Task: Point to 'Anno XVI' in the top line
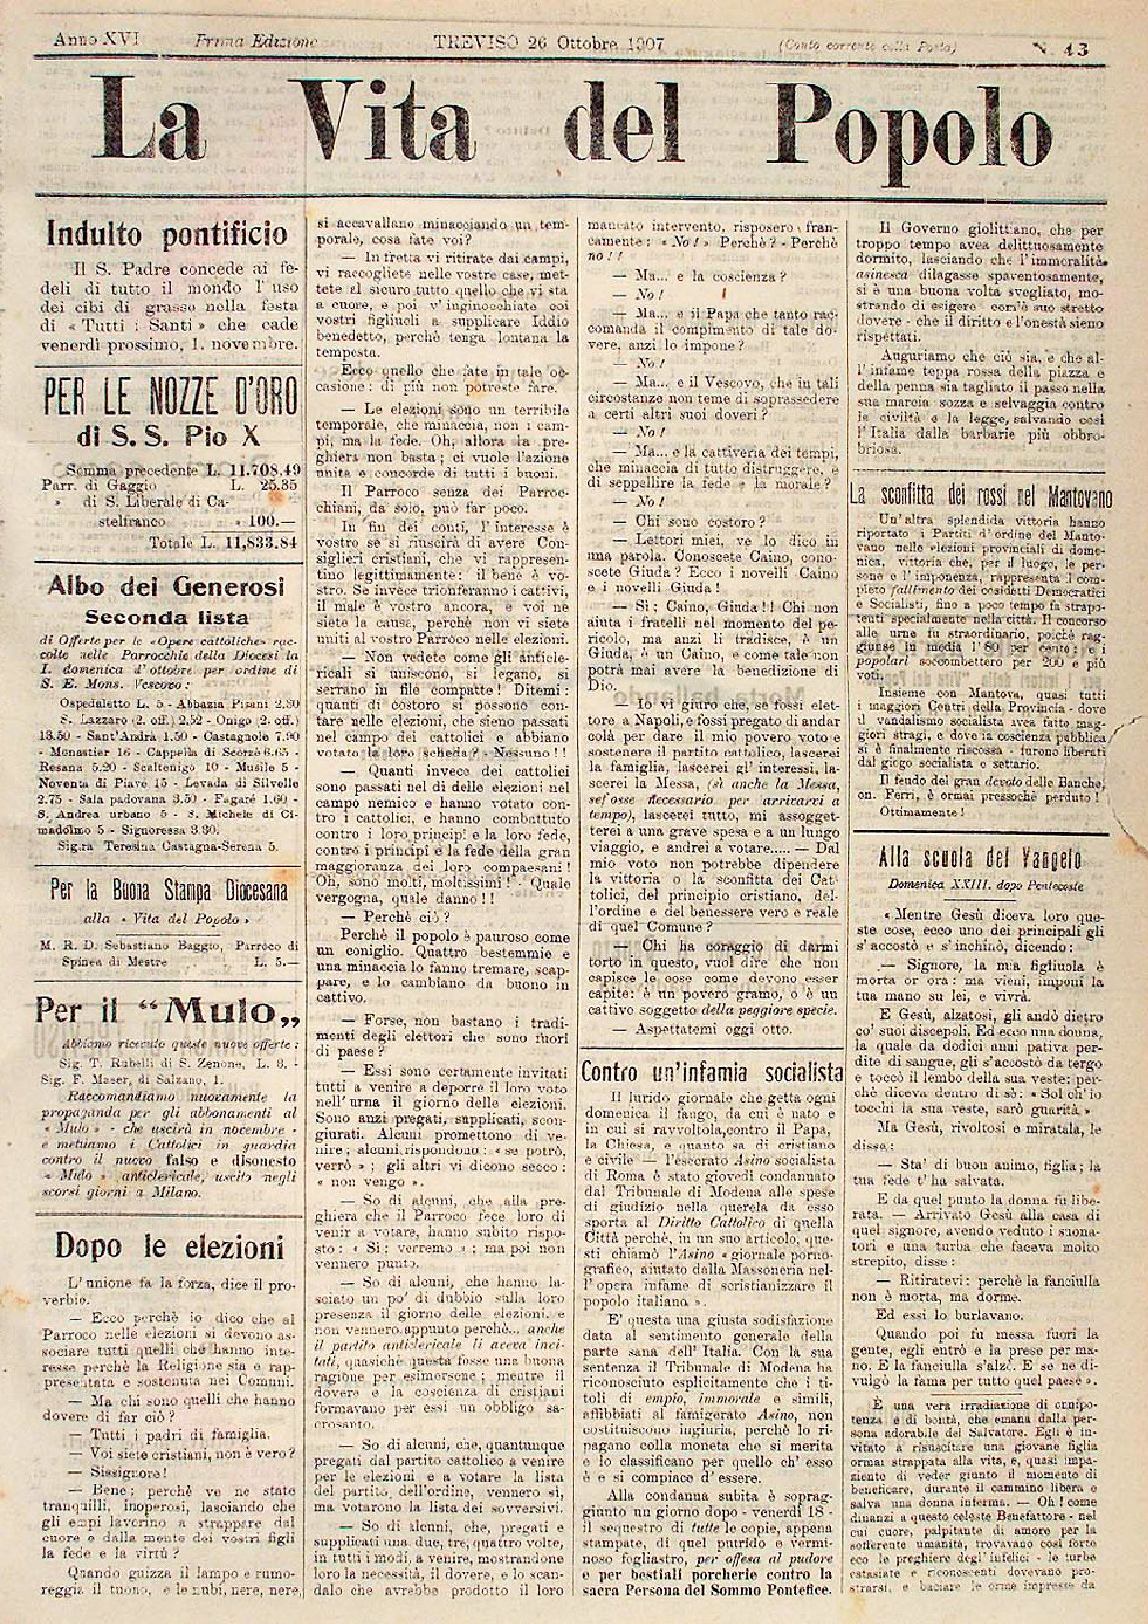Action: (x=83, y=41)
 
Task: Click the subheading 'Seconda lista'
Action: (x=166, y=617)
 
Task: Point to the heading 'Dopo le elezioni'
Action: (x=168, y=1247)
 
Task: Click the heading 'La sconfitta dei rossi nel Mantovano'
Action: (x=981, y=495)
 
